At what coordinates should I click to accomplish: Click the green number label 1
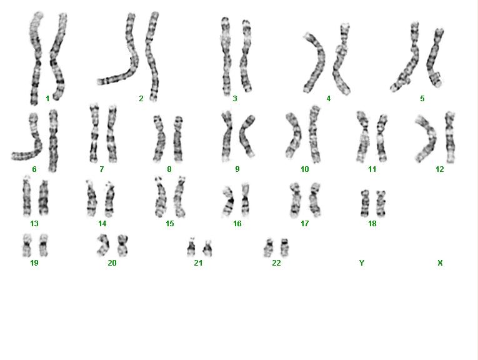pos(47,99)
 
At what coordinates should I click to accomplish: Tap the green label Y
pos(362,262)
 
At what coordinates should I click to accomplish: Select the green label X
pos(440,262)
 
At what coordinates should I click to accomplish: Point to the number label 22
pos(276,262)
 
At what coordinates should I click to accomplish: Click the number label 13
pos(34,224)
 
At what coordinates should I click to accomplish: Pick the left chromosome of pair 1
pos(36,58)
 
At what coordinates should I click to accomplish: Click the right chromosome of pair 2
pos(152,56)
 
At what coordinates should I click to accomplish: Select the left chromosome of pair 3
pos(226,56)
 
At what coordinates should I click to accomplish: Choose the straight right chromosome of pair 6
pos(53,141)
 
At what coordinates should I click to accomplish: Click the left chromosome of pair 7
pos(94,134)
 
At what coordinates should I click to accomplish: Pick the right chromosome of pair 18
pos(381,203)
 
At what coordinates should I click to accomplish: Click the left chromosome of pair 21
pos(191,247)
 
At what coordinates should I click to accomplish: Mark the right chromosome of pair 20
pos(122,245)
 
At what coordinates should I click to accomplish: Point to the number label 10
pos(305,169)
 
